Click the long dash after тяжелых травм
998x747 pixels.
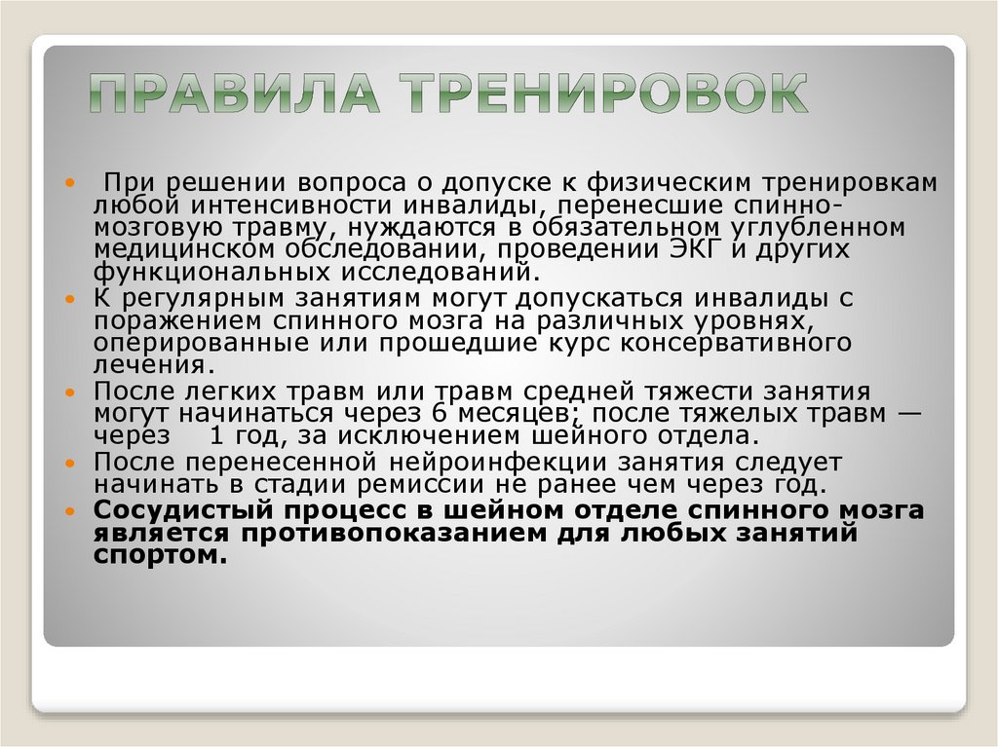908,413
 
